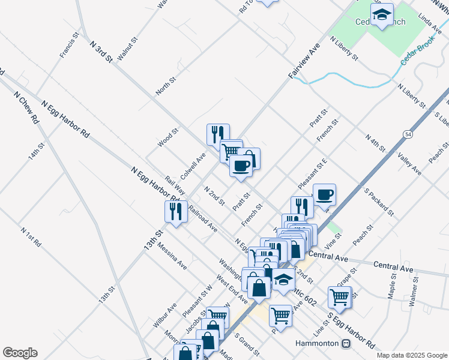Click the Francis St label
pos(70,45)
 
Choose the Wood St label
pos(169,137)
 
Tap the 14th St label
pos(36,154)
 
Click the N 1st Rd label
pos(30,236)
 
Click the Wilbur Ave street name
pos(164,314)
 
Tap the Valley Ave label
pos(409,163)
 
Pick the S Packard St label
pos(379,202)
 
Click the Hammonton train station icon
pos(346,344)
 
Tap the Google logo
pos(20,353)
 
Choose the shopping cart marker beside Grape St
pos(340,297)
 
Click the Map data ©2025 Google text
pos(411,355)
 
